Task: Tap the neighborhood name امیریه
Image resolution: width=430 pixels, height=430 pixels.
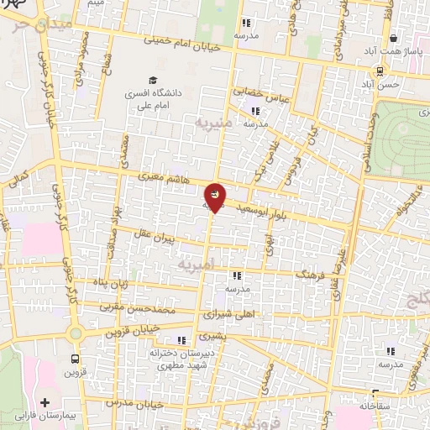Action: (x=197, y=264)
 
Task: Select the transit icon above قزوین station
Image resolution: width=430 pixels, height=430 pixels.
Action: (x=76, y=356)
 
